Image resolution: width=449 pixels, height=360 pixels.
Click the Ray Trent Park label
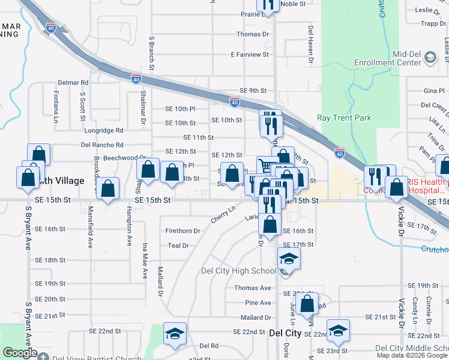pyautogui.click(x=344, y=118)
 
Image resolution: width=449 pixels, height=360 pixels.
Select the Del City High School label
pyautogui.click(x=247, y=271)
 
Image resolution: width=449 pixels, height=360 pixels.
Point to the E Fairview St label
pyautogui.click(x=250, y=55)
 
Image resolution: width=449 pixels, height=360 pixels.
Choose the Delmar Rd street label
pyautogui.click(x=73, y=82)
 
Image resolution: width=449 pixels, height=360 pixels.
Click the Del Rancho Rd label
pyautogui.click(x=101, y=145)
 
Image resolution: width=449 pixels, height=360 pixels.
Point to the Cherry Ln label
pyautogui.click(x=223, y=215)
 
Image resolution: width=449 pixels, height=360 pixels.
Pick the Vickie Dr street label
pyautogui.click(x=400, y=236)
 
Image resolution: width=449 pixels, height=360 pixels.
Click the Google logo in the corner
pyautogui.click(x=19, y=353)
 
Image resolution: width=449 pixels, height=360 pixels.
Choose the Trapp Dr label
pyautogui.click(x=433, y=24)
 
